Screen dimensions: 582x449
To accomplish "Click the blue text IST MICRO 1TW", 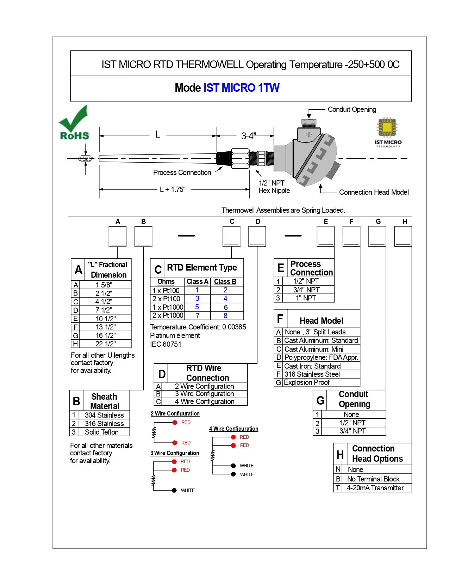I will (x=241, y=88).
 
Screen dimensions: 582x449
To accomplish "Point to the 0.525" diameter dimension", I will (x=86, y=159).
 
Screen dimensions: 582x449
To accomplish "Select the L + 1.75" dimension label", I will (x=173, y=189).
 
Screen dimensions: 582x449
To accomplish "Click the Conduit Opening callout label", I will (x=352, y=109).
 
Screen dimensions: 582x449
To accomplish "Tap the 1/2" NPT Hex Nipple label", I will (x=274, y=187).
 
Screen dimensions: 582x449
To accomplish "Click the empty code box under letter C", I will (x=231, y=236).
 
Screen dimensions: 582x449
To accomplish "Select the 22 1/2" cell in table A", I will (x=105, y=344).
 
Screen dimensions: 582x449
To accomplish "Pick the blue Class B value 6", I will (x=226, y=307).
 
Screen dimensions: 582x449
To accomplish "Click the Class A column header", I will (x=197, y=281).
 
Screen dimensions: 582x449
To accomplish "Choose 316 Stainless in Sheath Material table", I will (x=104, y=424).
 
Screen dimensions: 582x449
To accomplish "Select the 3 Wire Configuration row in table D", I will (x=204, y=394).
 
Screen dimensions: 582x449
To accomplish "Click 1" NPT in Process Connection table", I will (x=306, y=298).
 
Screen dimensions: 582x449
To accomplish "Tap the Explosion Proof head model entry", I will (x=307, y=383).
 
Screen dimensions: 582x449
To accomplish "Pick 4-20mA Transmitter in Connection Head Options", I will (x=375, y=488).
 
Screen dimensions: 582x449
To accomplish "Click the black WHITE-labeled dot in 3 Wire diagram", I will (x=174, y=490).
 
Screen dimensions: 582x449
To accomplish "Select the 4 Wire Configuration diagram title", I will (x=233, y=429).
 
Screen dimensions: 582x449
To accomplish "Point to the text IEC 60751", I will (x=166, y=344).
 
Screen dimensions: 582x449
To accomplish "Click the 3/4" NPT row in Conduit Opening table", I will (x=353, y=431).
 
